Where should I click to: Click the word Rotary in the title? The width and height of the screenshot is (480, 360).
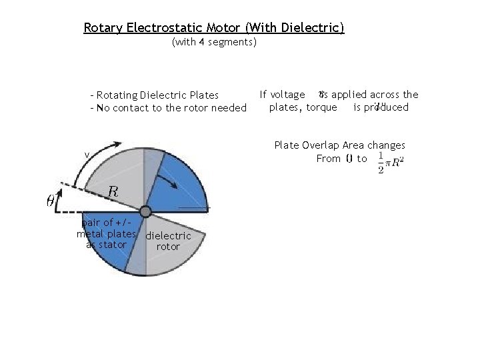coord(103,28)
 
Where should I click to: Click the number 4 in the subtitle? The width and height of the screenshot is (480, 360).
coord(201,42)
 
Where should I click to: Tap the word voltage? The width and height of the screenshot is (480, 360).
coord(287,95)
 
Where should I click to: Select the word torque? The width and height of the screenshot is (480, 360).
coord(321,107)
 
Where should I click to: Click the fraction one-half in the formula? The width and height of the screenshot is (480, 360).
coord(380,161)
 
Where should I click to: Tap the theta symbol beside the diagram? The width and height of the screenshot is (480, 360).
coord(51,199)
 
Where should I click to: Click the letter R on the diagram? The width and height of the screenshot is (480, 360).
coord(113,191)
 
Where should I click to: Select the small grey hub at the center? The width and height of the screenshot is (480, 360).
coord(146,212)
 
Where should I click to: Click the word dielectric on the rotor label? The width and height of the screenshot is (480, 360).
coord(168,236)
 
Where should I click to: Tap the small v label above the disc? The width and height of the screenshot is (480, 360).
coord(86,156)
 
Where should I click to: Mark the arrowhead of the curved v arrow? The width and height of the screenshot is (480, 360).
coord(121,144)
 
